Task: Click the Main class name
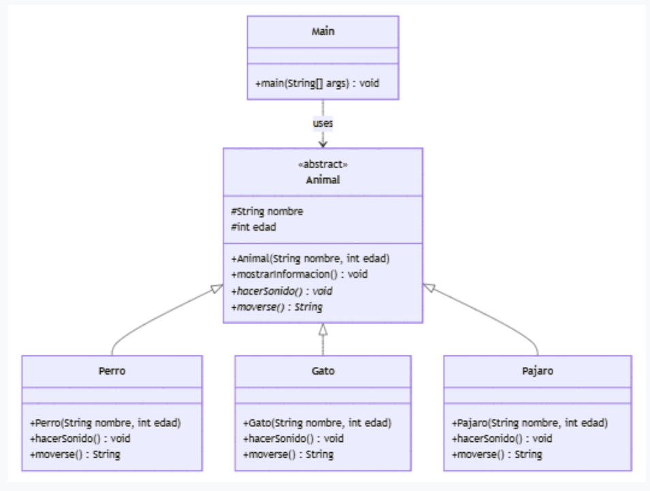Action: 323,31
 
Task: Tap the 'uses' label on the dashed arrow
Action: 323,123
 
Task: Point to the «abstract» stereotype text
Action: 323,165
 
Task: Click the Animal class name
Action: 323,180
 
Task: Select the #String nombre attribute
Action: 267,211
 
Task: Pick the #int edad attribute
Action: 253,227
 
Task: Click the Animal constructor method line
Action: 310,259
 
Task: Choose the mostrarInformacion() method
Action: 299,274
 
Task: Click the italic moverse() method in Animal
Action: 276,306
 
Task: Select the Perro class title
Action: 112,371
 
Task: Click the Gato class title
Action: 323,371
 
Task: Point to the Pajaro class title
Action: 537,371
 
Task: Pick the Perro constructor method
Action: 105,423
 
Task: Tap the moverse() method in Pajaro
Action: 497,454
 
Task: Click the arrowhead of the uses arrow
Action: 323,144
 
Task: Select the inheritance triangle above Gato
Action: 323,330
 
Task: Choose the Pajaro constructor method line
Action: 530,423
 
